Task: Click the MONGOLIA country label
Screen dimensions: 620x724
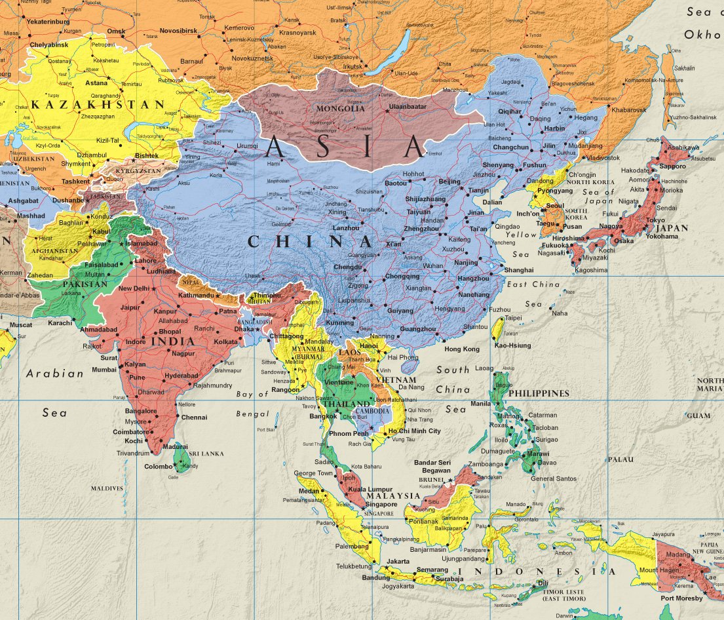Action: [340, 108]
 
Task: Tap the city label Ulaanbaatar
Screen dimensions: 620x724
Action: [407, 106]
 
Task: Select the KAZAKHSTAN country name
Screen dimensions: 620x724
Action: [98, 104]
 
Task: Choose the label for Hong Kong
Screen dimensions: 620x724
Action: [461, 349]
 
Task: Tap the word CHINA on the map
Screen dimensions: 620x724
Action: [301, 241]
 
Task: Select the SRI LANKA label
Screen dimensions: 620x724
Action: [206, 454]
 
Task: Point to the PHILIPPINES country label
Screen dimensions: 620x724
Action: [539, 393]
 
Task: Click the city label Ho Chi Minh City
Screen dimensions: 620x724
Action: [415, 431]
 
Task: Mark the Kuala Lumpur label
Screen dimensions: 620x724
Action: [370, 489]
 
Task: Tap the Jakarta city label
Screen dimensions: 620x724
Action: [398, 562]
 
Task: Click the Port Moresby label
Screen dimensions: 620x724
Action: [681, 598]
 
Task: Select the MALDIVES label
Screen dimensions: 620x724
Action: [107, 488]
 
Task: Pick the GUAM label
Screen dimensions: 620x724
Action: [698, 416]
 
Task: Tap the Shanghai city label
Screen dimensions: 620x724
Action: [519, 269]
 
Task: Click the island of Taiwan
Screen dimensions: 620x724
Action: [497, 328]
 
